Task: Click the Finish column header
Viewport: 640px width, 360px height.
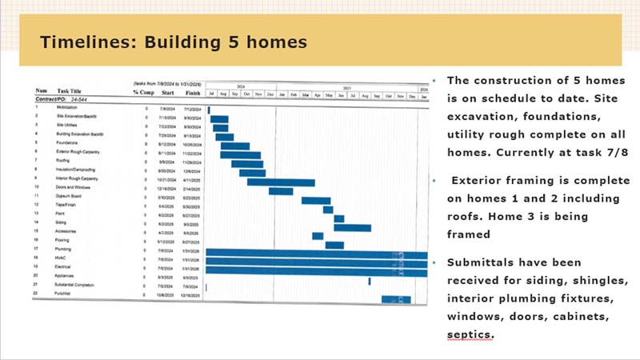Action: pyautogui.click(x=192, y=91)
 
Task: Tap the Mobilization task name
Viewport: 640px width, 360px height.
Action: pyautogui.click(x=67, y=106)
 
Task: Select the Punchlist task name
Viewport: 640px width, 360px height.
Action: pyautogui.click(x=66, y=295)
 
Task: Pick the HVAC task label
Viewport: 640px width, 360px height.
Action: pyautogui.click(x=62, y=259)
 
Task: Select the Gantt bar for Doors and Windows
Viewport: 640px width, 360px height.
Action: pyautogui.click(x=280, y=191)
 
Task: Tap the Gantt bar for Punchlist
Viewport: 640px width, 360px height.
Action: pyautogui.click(x=395, y=299)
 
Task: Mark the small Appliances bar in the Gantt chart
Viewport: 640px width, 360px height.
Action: pyautogui.click(x=369, y=281)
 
